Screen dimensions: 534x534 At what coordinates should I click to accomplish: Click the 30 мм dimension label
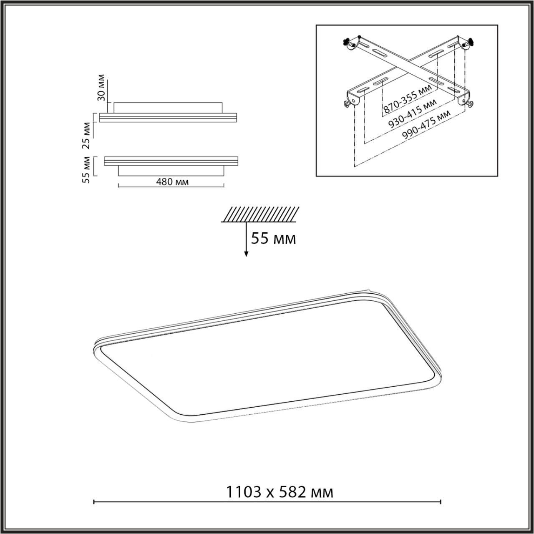tap(101, 89)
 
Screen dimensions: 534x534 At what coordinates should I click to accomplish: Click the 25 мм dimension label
tap(86, 135)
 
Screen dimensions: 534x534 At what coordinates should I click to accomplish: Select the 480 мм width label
tap(171, 182)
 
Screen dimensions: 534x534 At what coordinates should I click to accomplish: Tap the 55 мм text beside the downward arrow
tap(273, 239)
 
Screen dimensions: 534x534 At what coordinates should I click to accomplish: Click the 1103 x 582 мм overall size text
tap(280, 492)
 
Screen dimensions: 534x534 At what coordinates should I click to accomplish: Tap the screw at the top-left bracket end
tap(347, 42)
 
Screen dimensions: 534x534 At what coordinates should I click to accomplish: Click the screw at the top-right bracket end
tap(471, 42)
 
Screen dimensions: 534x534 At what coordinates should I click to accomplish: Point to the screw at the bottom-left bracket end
tap(346, 104)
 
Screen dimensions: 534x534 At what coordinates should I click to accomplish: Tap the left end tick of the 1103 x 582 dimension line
tap(93, 502)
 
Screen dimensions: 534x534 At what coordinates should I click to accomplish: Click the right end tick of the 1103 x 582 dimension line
tap(441, 502)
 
